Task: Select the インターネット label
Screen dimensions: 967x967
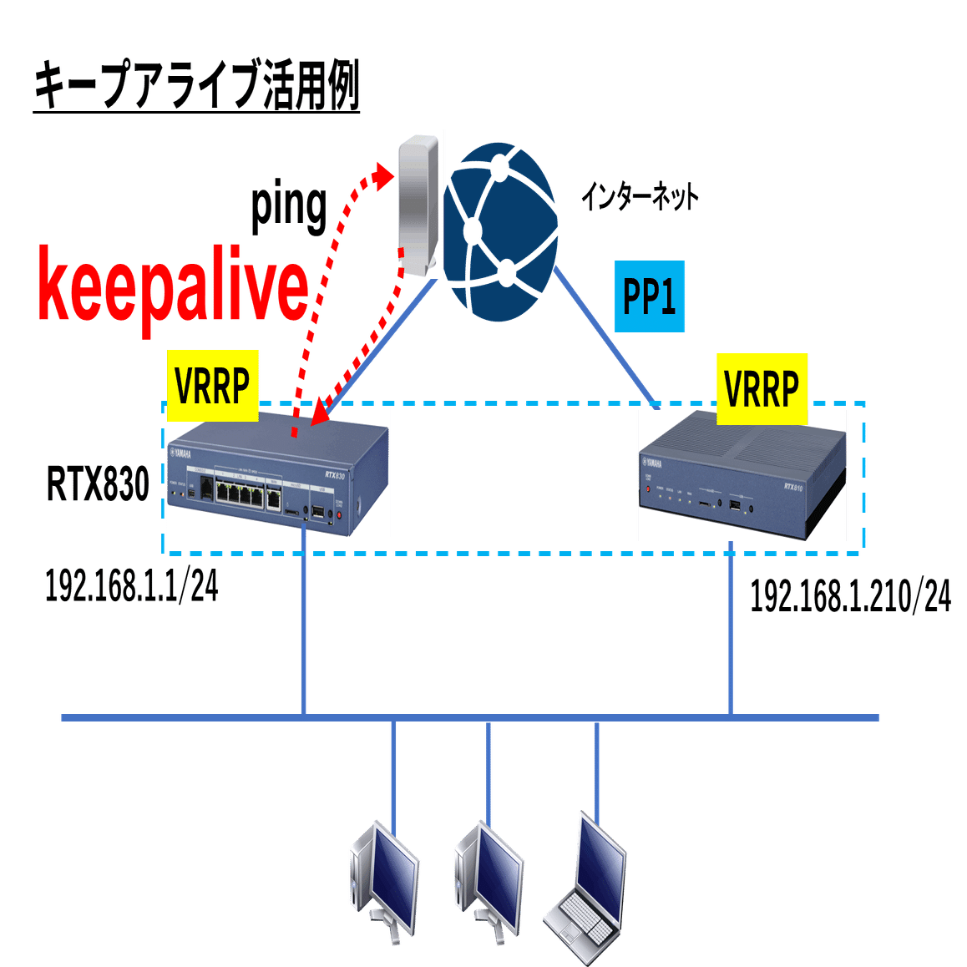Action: (x=640, y=198)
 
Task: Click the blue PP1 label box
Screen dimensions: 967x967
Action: (x=650, y=296)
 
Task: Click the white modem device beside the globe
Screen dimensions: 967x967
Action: (x=418, y=205)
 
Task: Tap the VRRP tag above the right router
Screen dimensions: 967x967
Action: (x=761, y=388)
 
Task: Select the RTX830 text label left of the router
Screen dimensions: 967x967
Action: (x=98, y=483)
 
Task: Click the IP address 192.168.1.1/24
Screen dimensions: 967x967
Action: (x=131, y=586)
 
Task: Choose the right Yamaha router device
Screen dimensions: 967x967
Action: (x=742, y=475)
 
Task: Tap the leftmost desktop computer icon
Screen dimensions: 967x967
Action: (x=384, y=880)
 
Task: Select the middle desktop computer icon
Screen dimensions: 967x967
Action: (x=489, y=880)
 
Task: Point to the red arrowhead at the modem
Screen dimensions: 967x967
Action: (x=382, y=175)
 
